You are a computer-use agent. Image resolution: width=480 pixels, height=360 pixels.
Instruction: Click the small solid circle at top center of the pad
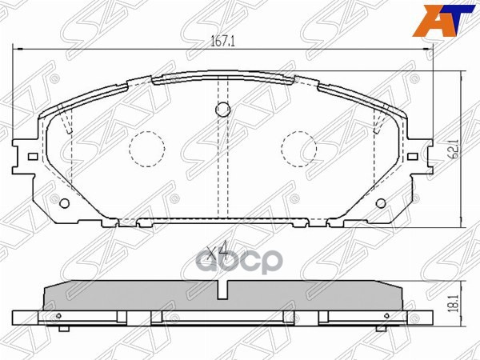(x=224, y=110)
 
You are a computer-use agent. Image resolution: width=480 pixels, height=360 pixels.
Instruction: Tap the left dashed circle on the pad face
(x=146, y=149)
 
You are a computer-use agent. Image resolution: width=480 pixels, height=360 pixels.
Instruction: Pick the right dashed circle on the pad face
(x=300, y=149)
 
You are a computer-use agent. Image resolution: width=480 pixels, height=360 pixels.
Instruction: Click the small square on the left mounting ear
(x=31, y=157)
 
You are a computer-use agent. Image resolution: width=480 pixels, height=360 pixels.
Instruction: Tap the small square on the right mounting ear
(x=415, y=157)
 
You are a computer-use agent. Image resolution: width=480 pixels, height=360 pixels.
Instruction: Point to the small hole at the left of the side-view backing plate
(x=61, y=325)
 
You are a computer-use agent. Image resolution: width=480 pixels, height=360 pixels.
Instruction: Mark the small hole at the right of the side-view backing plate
(x=386, y=325)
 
